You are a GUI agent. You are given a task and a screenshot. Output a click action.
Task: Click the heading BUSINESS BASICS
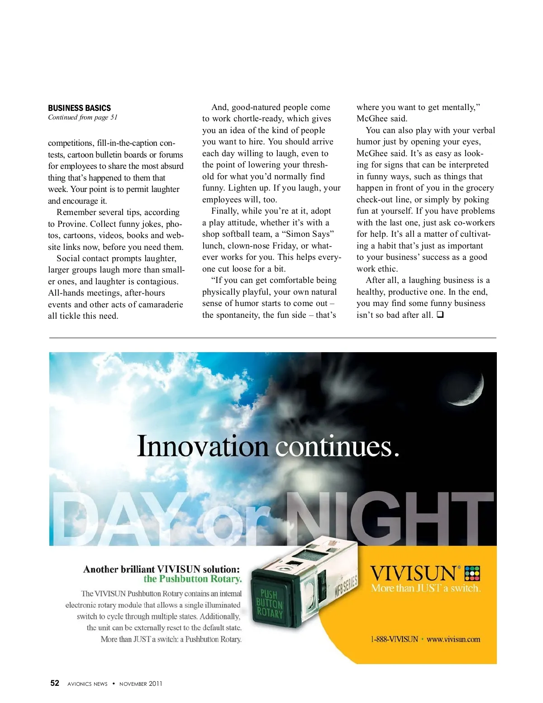pos(79,108)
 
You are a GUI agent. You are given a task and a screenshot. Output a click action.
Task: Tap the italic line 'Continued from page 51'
pos(82,117)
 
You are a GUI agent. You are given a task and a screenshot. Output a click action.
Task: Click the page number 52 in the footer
pos(55,683)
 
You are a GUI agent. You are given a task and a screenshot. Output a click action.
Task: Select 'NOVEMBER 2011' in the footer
pos(141,684)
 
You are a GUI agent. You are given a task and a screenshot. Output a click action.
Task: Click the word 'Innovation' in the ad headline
pos(203,446)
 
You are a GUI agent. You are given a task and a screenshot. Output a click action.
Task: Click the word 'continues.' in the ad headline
pos(338,446)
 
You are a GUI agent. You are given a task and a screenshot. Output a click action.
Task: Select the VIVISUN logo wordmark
pos(413,574)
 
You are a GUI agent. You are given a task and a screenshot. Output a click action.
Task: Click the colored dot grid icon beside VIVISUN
pos(472,573)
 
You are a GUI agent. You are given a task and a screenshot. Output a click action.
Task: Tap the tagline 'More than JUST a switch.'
pos(426,588)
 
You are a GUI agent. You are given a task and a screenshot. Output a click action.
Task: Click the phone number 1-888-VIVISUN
pos(394,639)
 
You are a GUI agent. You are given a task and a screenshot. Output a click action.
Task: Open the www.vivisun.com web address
pos(453,639)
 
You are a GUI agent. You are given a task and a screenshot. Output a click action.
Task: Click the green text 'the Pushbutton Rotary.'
pos(193,579)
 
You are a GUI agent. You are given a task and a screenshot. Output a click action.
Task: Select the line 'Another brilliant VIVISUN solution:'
pos(162,569)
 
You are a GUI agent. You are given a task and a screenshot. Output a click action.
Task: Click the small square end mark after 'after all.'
pos(440,315)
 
